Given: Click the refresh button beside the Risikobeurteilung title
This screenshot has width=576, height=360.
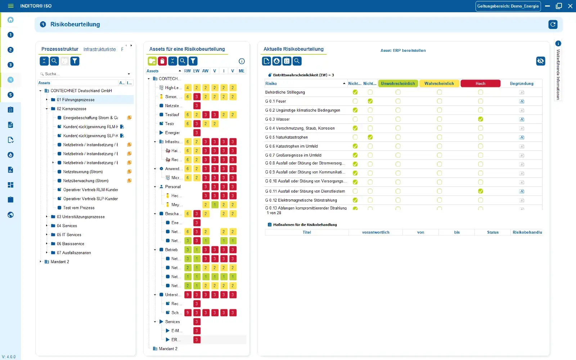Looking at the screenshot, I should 553,24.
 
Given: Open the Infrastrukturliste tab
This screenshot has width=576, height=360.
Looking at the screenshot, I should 100,49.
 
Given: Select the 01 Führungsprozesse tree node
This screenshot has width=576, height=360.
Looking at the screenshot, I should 76,100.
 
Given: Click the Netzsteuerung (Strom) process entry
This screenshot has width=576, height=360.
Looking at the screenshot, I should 83,172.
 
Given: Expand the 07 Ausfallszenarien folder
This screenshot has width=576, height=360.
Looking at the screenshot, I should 47,253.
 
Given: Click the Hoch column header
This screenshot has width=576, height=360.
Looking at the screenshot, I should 480,84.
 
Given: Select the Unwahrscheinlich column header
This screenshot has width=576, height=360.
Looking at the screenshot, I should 398,84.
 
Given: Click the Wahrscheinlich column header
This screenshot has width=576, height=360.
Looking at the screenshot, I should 439,84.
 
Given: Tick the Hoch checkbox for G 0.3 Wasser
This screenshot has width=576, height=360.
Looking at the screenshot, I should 480,119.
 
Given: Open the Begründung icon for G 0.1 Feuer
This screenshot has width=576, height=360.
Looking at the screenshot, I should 522,102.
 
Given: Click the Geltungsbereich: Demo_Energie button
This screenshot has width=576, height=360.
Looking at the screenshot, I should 508,6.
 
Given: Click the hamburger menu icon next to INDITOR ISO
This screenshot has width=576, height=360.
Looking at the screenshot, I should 11,6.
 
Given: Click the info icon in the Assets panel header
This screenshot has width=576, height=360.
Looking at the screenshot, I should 242,61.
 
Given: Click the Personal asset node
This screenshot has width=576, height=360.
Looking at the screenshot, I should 173,186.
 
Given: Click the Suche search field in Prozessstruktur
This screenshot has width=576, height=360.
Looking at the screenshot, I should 85,74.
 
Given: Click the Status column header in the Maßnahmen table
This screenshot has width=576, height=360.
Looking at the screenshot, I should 492,232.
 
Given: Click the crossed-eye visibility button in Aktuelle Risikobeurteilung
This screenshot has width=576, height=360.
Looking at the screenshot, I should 540,61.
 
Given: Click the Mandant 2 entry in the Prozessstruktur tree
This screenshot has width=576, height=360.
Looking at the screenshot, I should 60,262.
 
